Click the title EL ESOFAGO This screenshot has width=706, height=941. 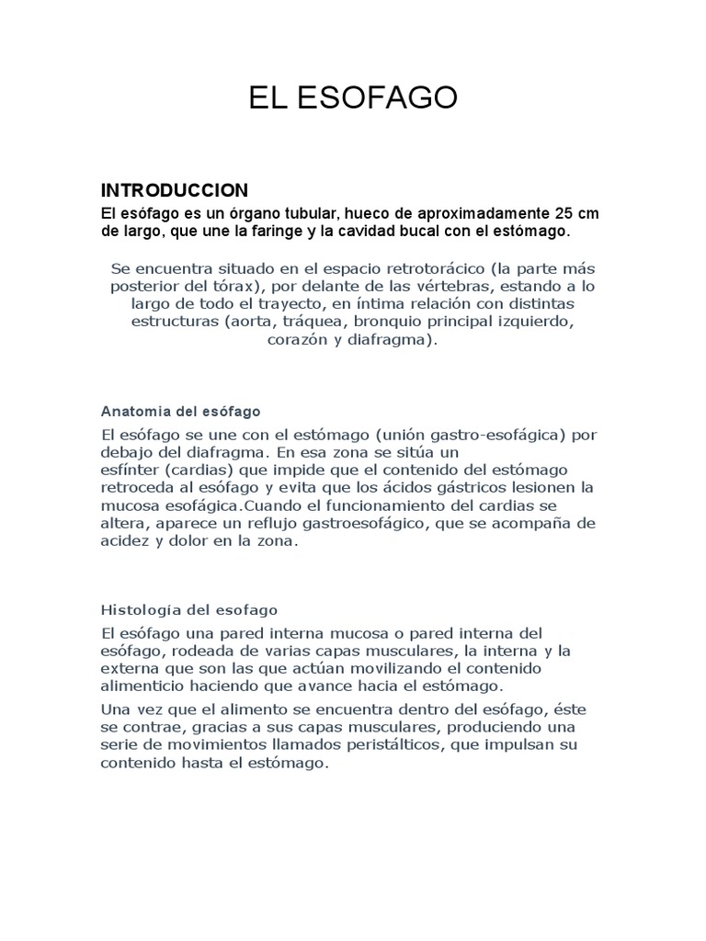click(x=353, y=99)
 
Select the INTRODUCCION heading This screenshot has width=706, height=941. click(x=174, y=190)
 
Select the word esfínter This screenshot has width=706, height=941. click(x=130, y=470)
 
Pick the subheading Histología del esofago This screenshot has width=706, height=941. click(x=188, y=609)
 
